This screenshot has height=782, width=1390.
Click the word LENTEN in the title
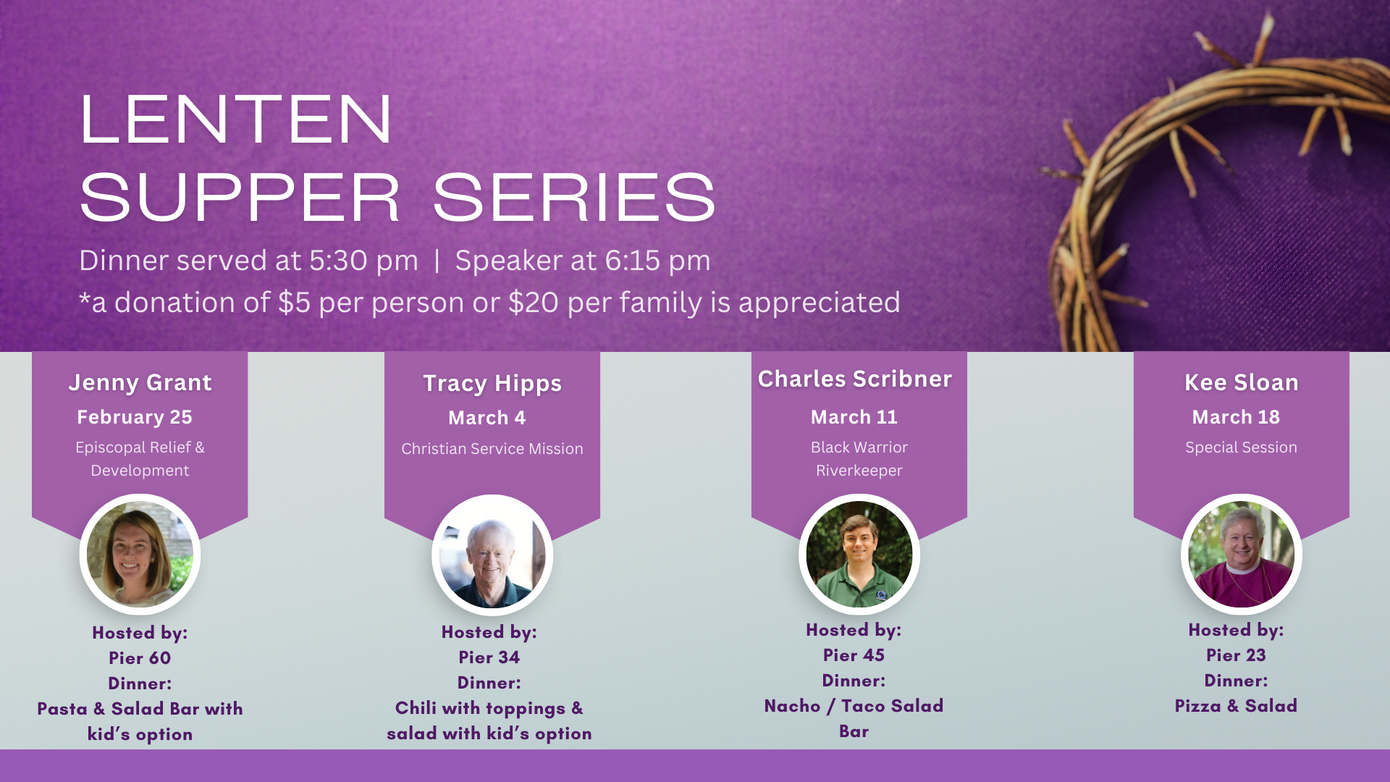click(x=236, y=119)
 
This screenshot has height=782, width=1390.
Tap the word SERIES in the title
click(x=574, y=197)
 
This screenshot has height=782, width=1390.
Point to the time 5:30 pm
click(x=363, y=261)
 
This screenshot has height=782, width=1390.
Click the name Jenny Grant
click(x=140, y=382)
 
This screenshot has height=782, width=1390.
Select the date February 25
click(x=135, y=417)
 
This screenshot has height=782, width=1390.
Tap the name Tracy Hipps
click(x=492, y=384)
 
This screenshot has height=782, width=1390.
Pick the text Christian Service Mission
click(x=492, y=449)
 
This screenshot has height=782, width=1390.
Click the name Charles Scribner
click(x=855, y=379)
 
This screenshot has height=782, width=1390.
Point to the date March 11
click(x=854, y=417)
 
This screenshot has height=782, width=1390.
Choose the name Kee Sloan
click(x=1242, y=382)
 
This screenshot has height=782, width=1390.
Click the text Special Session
click(x=1241, y=447)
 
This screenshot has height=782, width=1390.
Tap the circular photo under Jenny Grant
click(x=140, y=555)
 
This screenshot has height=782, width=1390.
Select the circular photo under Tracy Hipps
click(x=492, y=555)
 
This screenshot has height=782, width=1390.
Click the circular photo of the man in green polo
click(x=859, y=555)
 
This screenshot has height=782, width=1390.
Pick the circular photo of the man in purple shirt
click(x=1242, y=555)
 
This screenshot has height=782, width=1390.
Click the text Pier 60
click(x=140, y=658)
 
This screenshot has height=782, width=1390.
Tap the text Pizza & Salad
click(x=1236, y=706)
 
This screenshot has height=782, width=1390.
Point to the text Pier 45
click(x=854, y=655)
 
